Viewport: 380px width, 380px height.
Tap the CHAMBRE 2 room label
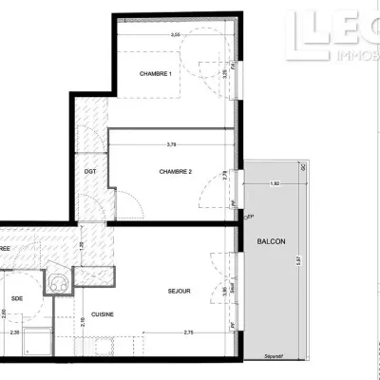click(176, 172)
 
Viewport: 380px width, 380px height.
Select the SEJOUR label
click(179, 292)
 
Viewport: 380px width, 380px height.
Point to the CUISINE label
click(104, 314)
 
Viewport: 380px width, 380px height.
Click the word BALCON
click(271, 242)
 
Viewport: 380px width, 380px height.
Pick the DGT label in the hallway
click(90, 171)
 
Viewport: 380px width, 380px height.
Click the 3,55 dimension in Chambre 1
click(175, 35)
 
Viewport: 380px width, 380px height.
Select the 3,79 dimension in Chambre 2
click(171, 144)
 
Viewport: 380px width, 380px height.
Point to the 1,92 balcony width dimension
click(275, 182)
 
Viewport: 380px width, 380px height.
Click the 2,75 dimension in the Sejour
click(189, 332)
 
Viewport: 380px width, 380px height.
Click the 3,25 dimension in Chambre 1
click(224, 71)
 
